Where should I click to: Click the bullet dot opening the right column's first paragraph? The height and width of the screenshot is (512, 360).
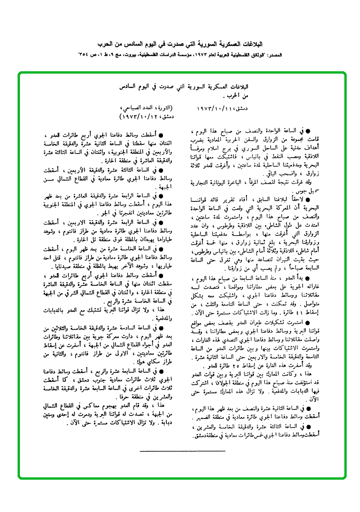307,129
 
